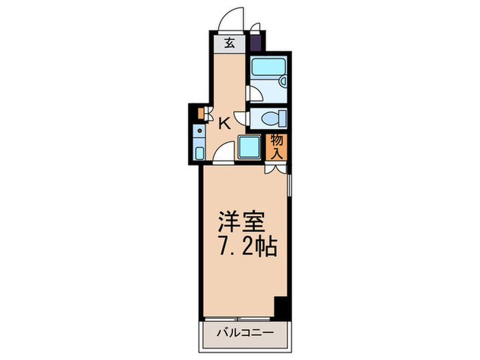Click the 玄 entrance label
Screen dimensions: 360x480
[230, 43]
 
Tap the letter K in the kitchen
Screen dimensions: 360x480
[224, 124]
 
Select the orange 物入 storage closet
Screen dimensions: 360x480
[276, 146]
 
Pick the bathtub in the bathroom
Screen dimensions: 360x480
[265, 67]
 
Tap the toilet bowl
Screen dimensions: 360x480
[272, 118]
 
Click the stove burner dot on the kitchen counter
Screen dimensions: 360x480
[199, 129]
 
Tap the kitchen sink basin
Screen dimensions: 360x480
[199, 152]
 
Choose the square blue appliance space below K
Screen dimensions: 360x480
[248, 146]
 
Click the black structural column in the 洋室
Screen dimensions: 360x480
[280, 307]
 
